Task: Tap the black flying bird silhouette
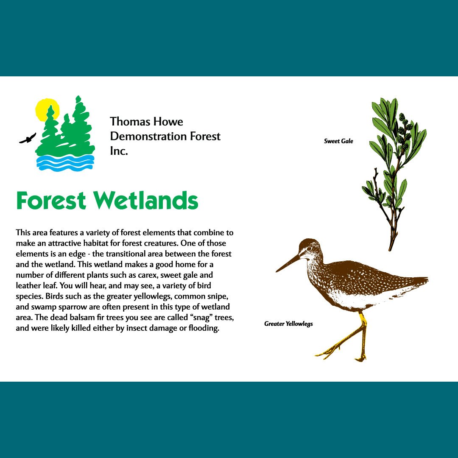(28, 138)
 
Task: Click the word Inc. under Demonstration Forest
(119, 151)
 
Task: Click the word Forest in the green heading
(51, 200)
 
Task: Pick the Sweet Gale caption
(338, 141)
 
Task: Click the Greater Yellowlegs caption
(288, 324)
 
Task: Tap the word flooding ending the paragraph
(204, 328)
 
